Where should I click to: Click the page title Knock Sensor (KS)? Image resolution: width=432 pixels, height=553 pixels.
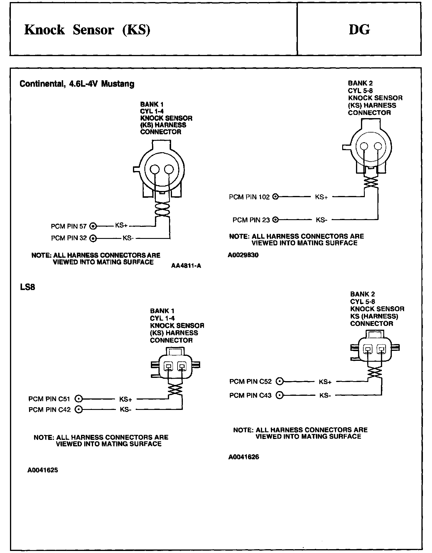click(87, 30)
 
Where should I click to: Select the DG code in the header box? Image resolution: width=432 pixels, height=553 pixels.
click(359, 30)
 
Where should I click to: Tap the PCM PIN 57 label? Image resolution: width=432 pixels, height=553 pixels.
click(69, 226)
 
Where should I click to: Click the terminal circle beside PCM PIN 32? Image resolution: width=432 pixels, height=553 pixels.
click(93, 238)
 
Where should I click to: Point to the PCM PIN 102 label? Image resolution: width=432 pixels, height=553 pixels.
click(249, 197)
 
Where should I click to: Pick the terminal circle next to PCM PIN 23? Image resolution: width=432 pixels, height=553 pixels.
click(275, 219)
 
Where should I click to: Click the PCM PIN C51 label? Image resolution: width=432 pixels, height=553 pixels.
click(49, 399)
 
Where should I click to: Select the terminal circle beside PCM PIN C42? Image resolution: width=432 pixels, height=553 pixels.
click(78, 409)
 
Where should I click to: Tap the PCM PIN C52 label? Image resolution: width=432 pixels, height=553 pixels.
click(251, 381)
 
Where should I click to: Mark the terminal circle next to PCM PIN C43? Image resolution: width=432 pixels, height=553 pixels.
click(280, 395)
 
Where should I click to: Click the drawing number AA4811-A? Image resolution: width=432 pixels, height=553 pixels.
click(186, 266)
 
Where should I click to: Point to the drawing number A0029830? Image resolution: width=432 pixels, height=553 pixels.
click(243, 255)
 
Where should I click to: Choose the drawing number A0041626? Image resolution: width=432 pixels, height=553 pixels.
click(244, 457)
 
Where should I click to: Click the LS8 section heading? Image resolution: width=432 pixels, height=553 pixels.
click(28, 287)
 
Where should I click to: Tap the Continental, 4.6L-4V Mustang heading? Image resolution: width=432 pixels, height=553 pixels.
click(77, 84)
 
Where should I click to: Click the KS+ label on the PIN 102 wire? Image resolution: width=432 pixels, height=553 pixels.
click(321, 197)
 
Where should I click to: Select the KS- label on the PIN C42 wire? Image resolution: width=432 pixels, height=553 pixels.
click(125, 409)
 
